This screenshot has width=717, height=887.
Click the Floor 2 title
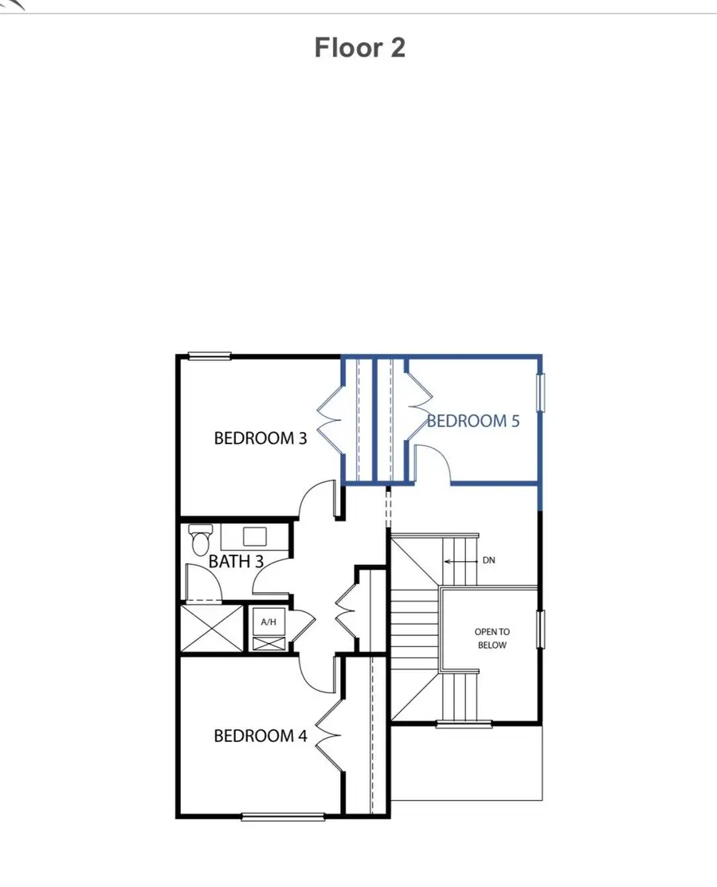(x=360, y=48)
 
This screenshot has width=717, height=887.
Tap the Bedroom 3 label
(x=261, y=438)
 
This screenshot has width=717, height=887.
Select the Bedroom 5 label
(x=473, y=420)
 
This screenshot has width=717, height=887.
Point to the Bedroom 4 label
(x=261, y=736)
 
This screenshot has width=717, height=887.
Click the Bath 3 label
(x=236, y=561)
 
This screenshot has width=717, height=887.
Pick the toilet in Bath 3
(x=198, y=540)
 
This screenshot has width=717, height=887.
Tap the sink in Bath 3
(x=255, y=536)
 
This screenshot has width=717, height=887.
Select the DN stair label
(x=488, y=561)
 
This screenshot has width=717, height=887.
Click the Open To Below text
(x=492, y=638)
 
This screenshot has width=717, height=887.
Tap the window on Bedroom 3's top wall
(x=210, y=356)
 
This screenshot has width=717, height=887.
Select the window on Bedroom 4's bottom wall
(x=283, y=816)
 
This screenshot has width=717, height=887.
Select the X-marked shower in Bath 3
(x=212, y=630)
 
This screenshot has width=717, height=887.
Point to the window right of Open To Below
(x=541, y=631)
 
